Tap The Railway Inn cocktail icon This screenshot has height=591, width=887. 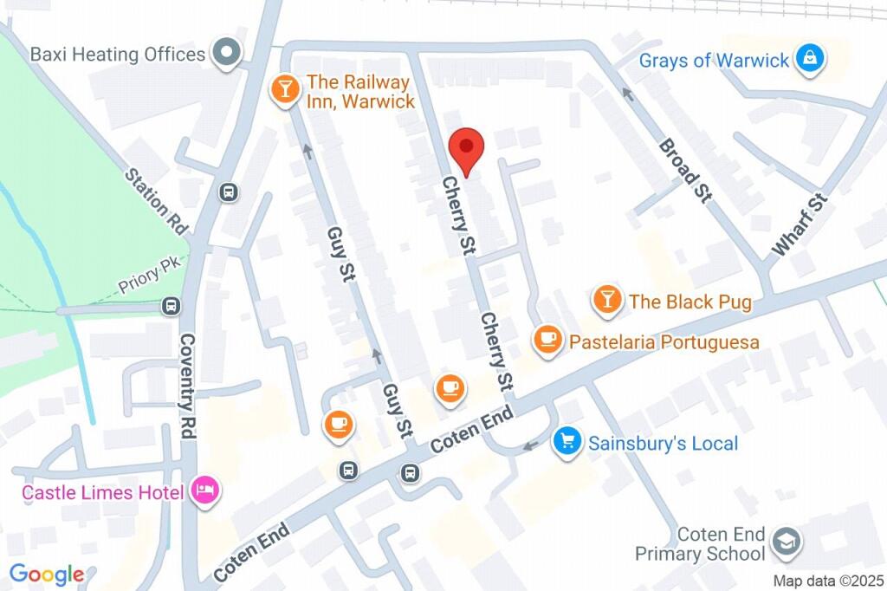click(283, 88)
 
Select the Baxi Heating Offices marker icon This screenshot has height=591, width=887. click(227, 54)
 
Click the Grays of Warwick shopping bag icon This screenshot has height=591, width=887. click(810, 59)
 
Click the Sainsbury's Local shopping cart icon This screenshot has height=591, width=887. click(567, 443)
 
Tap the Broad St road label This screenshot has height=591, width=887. click(684, 171)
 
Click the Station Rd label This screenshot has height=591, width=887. click(156, 201)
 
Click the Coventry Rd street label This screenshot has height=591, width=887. click(188, 386)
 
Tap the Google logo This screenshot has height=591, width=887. click(47, 574)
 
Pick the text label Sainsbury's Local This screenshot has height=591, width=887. click(663, 444)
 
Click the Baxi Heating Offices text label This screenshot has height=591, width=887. click(117, 54)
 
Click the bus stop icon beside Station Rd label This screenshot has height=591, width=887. click(229, 192)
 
